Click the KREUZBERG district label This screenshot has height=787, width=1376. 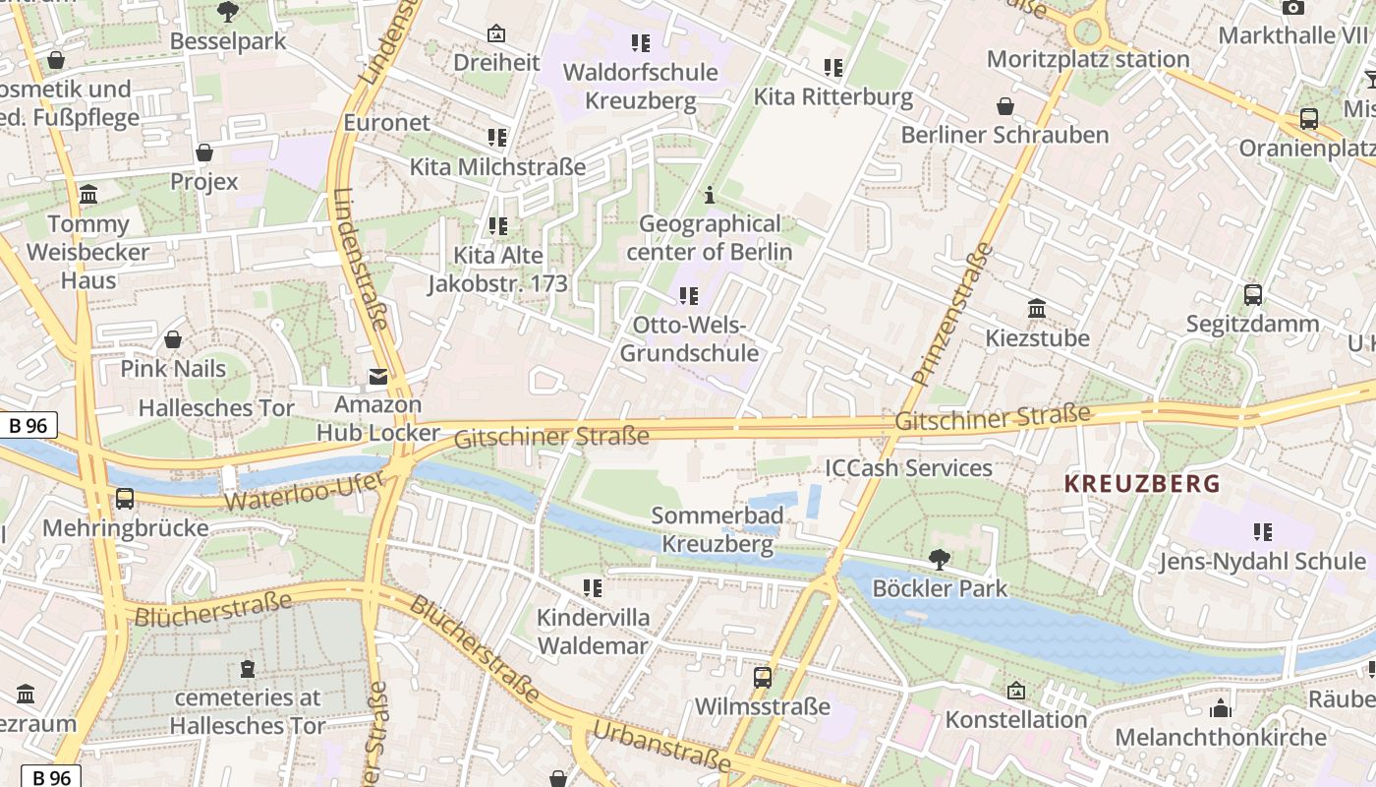[1142, 483]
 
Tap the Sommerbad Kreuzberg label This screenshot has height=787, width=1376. [717, 529]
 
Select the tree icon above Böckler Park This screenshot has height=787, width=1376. [939, 560]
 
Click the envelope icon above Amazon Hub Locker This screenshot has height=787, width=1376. [377, 377]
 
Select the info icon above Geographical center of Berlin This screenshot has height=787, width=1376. [709, 196]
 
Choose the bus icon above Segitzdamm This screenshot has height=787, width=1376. [1252, 294]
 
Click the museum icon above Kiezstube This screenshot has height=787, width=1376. [1037, 309]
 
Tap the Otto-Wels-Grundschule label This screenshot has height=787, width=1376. [689, 339]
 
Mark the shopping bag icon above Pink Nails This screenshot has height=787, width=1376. [173, 339]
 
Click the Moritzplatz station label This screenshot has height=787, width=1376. [1088, 59]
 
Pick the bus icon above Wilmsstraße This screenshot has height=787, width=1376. [762, 677]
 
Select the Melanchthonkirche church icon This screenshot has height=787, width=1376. [1220, 707]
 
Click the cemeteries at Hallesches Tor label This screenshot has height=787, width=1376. [247, 711]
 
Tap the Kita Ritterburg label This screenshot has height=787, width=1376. [832, 97]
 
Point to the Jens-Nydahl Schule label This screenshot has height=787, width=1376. [1262, 561]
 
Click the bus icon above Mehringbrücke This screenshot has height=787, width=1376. [125, 499]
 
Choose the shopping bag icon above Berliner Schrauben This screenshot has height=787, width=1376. [1004, 106]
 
